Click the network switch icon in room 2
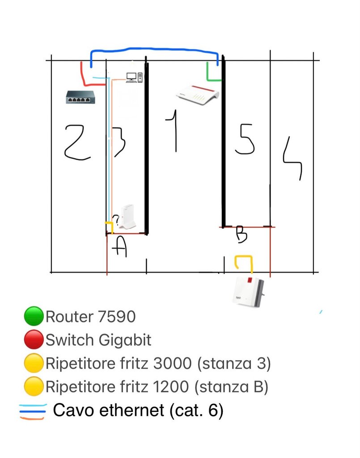(80, 97)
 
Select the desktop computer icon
(134, 77)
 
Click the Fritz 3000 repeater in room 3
(128, 216)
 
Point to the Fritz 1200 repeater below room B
(249, 292)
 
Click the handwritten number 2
(77, 142)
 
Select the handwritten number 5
(245, 139)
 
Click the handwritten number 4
(292, 158)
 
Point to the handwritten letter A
(119, 247)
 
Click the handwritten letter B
(242, 234)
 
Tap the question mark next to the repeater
(116, 220)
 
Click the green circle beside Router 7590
(34, 316)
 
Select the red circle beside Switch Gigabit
(34, 339)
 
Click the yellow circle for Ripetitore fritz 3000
(34, 363)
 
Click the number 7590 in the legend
(117, 317)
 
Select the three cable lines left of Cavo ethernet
(33, 411)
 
